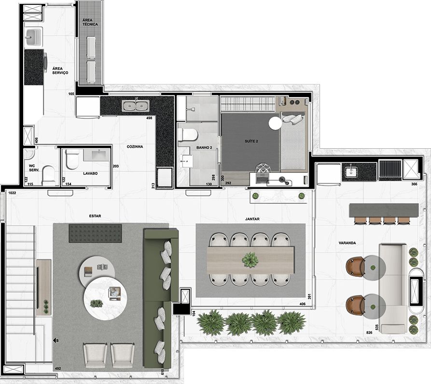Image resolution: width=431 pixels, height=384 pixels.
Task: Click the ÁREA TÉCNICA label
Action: point(90,22)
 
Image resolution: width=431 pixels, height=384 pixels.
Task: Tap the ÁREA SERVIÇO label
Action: point(60,71)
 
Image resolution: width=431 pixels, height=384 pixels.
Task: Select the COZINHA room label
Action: point(135,147)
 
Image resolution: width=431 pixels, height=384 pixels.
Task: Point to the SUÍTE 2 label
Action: point(251,141)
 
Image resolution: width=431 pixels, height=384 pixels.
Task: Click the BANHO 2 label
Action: point(204,148)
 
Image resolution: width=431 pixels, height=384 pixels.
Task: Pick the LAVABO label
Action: point(90,173)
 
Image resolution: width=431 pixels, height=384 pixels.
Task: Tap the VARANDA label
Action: point(347,243)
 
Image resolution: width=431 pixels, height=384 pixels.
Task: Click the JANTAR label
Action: point(252,219)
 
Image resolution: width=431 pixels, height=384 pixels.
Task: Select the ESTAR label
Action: point(95,216)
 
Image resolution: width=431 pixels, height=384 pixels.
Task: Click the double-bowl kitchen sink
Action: point(136,105)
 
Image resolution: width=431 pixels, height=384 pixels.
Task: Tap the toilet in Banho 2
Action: point(188,135)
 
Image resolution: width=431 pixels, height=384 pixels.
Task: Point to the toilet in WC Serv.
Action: point(49,175)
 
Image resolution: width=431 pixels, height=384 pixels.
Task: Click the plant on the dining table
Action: point(250,260)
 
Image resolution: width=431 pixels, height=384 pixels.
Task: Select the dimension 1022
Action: point(12,193)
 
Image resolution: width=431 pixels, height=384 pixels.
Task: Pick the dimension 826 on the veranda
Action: point(369,333)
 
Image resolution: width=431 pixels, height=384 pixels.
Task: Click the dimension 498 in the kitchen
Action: point(149,118)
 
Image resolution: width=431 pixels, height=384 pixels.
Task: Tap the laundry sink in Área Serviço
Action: point(33,37)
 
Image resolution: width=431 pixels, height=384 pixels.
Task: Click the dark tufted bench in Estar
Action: point(95,233)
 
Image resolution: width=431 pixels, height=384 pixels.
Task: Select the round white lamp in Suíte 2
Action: point(275,123)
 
